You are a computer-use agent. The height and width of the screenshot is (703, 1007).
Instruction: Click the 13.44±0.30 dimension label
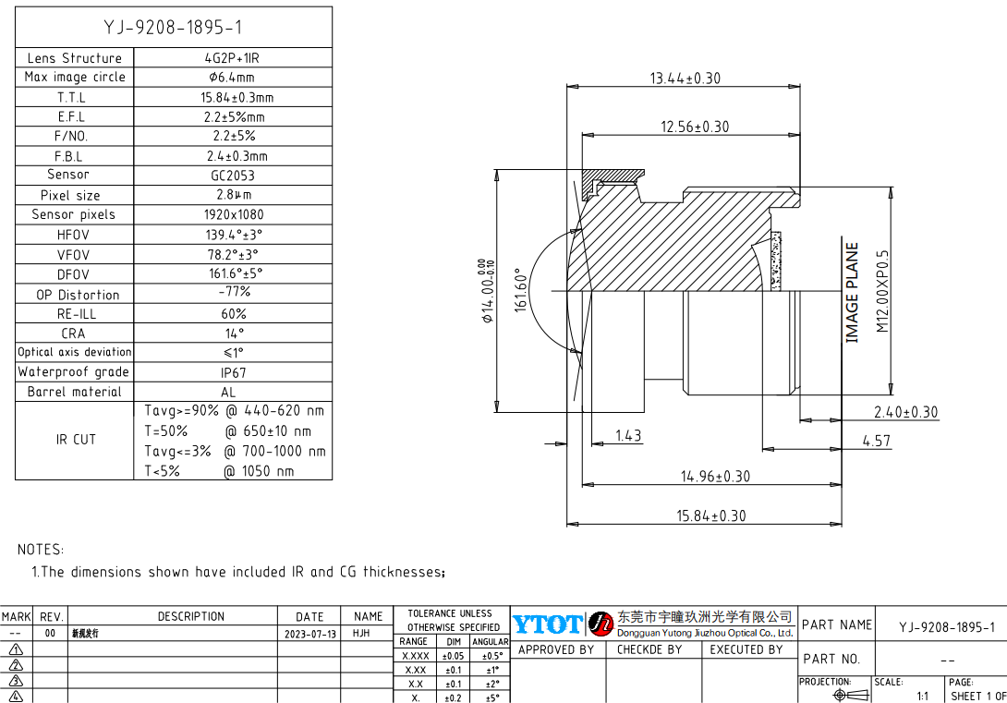coord(685,79)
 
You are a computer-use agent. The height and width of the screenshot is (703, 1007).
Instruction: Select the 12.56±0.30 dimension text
coord(694,127)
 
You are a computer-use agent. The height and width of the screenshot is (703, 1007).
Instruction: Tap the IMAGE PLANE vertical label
coord(852,292)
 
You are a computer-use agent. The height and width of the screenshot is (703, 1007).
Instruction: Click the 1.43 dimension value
coord(627,435)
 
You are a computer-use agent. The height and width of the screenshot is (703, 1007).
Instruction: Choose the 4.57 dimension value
coord(876,441)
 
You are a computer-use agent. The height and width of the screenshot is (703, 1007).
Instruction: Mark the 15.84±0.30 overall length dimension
coord(710,515)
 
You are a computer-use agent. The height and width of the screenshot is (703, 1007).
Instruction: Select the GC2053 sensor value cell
coord(232,175)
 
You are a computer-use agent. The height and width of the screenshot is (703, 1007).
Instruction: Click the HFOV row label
coord(73,235)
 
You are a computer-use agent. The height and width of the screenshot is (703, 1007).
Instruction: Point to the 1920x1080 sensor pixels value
coord(234,214)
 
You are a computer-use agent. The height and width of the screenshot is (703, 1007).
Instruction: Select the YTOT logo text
coord(548,624)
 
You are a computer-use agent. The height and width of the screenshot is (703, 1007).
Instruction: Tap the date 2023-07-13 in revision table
coord(309,635)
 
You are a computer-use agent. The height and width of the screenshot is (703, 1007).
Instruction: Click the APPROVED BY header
coord(556,649)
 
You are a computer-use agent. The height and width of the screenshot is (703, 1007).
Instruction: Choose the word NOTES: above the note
coord(41,550)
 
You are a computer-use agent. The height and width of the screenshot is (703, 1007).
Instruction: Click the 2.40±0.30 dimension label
coord(905,412)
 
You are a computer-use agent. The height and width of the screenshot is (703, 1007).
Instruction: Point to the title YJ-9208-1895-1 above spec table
coord(174,28)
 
